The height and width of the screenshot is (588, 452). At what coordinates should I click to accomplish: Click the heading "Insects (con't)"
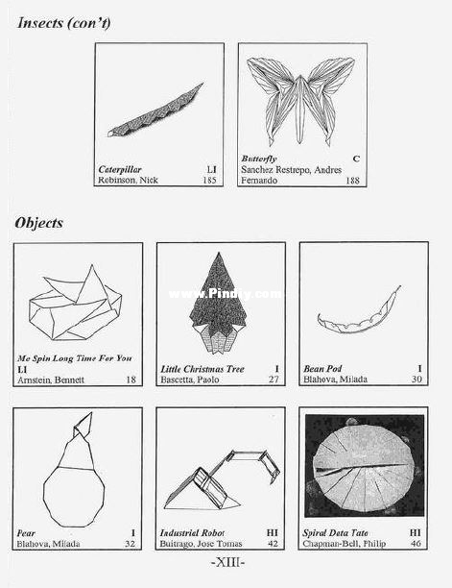(x=64, y=24)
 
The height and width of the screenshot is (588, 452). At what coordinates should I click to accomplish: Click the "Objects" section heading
(x=39, y=223)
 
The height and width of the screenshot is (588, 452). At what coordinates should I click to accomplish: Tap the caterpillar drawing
(x=155, y=111)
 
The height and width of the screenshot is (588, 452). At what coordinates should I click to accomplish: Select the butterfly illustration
(x=300, y=101)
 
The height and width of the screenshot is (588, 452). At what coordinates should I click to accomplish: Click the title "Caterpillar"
(x=120, y=169)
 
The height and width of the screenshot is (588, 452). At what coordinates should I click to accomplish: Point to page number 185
(x=210, y=181)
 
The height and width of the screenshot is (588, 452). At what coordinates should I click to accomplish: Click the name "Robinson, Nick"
(x=128, y=181)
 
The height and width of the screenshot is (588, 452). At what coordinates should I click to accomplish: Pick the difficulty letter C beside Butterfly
(x=356, y=159)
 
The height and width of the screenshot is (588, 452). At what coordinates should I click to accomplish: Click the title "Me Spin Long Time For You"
(x=75, y=358)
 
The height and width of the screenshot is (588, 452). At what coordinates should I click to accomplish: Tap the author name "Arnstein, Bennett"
(x=51, y=380)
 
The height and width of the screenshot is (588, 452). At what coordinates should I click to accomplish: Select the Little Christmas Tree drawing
(x=219, y=303)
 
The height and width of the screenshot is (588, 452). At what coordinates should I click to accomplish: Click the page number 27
(x=274, y=380)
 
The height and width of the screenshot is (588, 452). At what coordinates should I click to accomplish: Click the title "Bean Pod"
(x=322, y=369)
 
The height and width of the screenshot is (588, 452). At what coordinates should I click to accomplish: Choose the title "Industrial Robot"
(x=193, y=533)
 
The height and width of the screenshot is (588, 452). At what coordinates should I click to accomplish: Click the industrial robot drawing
(x=222, y=480)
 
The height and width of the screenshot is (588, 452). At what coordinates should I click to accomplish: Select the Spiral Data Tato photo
(x=365, y=465)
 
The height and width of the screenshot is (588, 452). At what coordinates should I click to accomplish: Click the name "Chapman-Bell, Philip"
(x=345, y=544)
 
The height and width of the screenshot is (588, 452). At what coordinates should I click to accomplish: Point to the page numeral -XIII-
(x=228, y=562)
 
